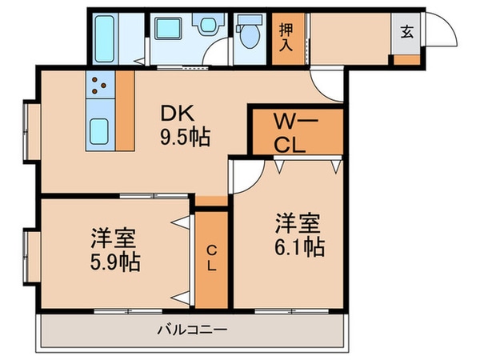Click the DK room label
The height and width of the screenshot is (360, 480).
[x=178, y=113]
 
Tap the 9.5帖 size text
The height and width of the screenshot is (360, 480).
[x=186, y=137]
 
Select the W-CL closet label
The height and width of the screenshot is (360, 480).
[x=296, y=133]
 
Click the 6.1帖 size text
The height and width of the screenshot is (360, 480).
[x=299, y=247]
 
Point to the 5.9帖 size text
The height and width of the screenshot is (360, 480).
[x=115, y=262]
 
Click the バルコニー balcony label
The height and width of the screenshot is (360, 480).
[x=192, y=330]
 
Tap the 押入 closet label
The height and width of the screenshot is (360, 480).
[x=286, y=38]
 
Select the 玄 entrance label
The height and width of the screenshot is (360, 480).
[x=407, y=32]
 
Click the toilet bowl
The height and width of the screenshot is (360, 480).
[x=250, y=35]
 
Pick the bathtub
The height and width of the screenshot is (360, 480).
[x=105, y=39]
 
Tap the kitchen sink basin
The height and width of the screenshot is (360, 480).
[x=99, y=131]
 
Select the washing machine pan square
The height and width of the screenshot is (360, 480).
[x=168, y=29]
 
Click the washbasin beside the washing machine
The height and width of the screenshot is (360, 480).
[x=208, y=23]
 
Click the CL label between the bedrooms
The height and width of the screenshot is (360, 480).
[x=211, y=258]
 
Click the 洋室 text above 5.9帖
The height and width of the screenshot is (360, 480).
[x=113, y=238]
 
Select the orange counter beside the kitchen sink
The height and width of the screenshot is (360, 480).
[x=125, y=110]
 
